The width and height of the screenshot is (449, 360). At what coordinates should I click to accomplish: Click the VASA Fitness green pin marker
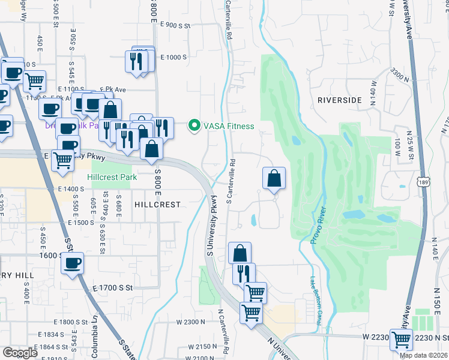point(194,126)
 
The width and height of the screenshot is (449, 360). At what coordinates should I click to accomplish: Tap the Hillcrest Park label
point(112,177)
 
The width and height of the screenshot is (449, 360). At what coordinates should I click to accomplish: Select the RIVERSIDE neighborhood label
point(340,100)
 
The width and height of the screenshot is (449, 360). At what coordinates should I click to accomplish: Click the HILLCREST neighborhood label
point(157,205)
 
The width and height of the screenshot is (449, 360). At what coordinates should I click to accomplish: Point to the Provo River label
point(318,225)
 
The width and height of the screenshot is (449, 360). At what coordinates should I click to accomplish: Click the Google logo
point(20,353)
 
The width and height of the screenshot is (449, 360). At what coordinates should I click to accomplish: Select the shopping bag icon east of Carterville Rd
point(274,178)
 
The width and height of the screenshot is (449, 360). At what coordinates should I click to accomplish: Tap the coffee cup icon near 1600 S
point(72,263)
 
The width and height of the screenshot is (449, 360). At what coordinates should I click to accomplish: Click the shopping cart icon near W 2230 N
point(401,340)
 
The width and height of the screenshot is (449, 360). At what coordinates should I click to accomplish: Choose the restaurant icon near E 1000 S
point(136,61)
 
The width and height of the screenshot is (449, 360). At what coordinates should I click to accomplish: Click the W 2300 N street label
point(191,322)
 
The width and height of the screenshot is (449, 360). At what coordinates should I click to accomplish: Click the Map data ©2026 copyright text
point(424,355)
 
